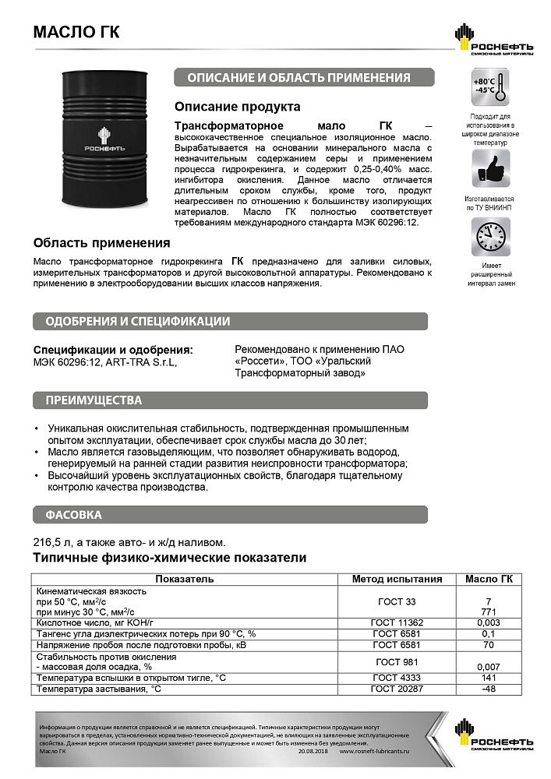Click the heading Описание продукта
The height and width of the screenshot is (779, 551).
coord(237,107)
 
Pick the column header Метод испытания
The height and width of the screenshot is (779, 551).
coord(397,579)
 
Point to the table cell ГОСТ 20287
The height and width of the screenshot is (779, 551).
coord(396,689)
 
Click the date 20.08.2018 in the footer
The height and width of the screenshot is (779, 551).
coord(314,750)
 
